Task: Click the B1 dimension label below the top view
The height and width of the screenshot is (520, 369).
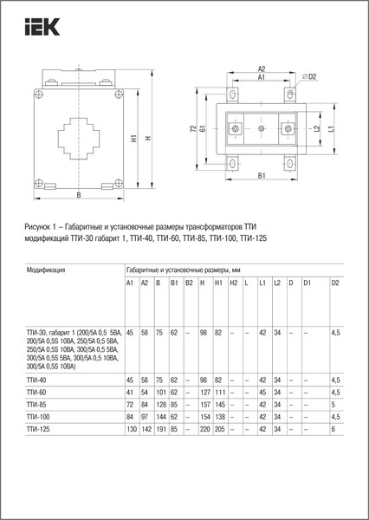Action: tap(262, 177)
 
